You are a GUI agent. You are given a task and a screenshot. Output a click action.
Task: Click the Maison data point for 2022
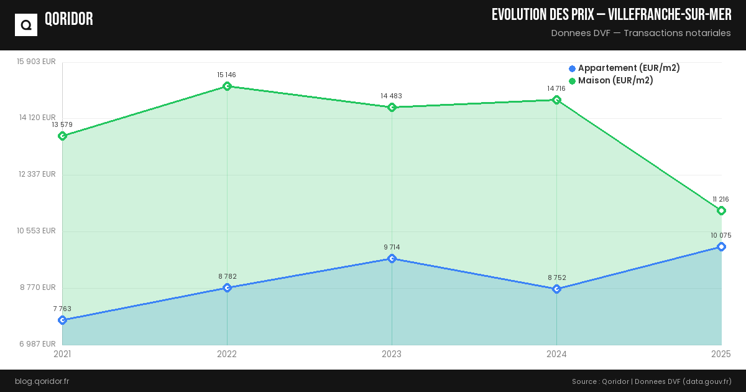pyautogui.click(x=227, y=86)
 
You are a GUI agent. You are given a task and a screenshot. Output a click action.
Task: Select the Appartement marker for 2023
pyautogui.click(x=392, y=258)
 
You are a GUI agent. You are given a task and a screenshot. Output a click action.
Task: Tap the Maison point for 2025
pyautogui.click(x=721, y=210)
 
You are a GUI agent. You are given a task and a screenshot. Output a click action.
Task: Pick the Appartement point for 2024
pyautogui.click(x=556, y=289)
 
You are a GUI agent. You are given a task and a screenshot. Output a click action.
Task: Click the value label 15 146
pyautogui.click(x=226, y=75)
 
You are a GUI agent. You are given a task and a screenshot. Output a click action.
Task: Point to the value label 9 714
pyautogui.click(x=392, y=247)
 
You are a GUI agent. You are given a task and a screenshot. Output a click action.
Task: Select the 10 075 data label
pyautogui.click(x=721, y=235)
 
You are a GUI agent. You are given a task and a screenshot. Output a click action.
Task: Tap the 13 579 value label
pyautogui.click(x=62, y=124)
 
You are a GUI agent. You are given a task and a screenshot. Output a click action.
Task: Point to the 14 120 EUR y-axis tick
pyautogui.click(x=37, y=118)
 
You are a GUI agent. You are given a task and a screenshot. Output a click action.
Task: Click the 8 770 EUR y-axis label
pyautogui.click(x=37, y=287)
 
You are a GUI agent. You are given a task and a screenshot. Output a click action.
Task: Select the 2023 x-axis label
pyautogui.click(x=392, y=354)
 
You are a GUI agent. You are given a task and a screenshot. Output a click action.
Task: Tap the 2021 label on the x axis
pyautogui.click(x=62, y=354)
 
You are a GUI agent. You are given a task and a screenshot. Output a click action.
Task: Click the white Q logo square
pyautogui.click(x=26, y=25)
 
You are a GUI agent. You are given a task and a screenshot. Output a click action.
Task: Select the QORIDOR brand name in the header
pyautogui.click(x=69, y=19)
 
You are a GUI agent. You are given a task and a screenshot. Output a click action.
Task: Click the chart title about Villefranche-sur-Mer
pyautogui.click(x=611, y=15)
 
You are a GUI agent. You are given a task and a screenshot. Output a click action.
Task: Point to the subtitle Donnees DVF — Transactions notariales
pyautogui.click(x=641, y=33)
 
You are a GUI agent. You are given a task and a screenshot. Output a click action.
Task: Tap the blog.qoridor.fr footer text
pyautogui.click(x=42, y=381)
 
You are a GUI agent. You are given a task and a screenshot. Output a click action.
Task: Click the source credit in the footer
pyautogui.click(x=652, y=381)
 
